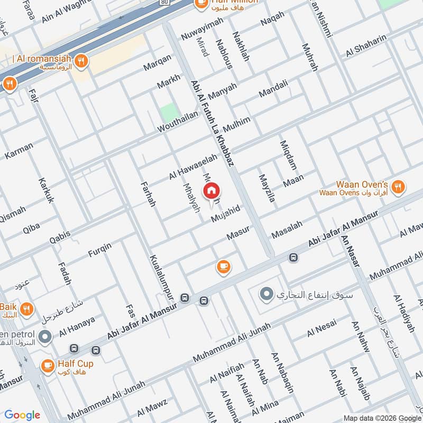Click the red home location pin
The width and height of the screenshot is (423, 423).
(x=212, y=191)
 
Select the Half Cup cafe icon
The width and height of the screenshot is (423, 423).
(x=48, y=365)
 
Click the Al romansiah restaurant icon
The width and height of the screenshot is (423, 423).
(x=81, y=60)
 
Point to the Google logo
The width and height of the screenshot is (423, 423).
(x=22, y=415)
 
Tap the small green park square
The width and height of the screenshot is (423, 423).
(x=169, y=113)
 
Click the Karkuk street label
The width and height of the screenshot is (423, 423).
(x=46, y=190)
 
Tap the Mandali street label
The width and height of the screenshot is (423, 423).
(x=273, y=89)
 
